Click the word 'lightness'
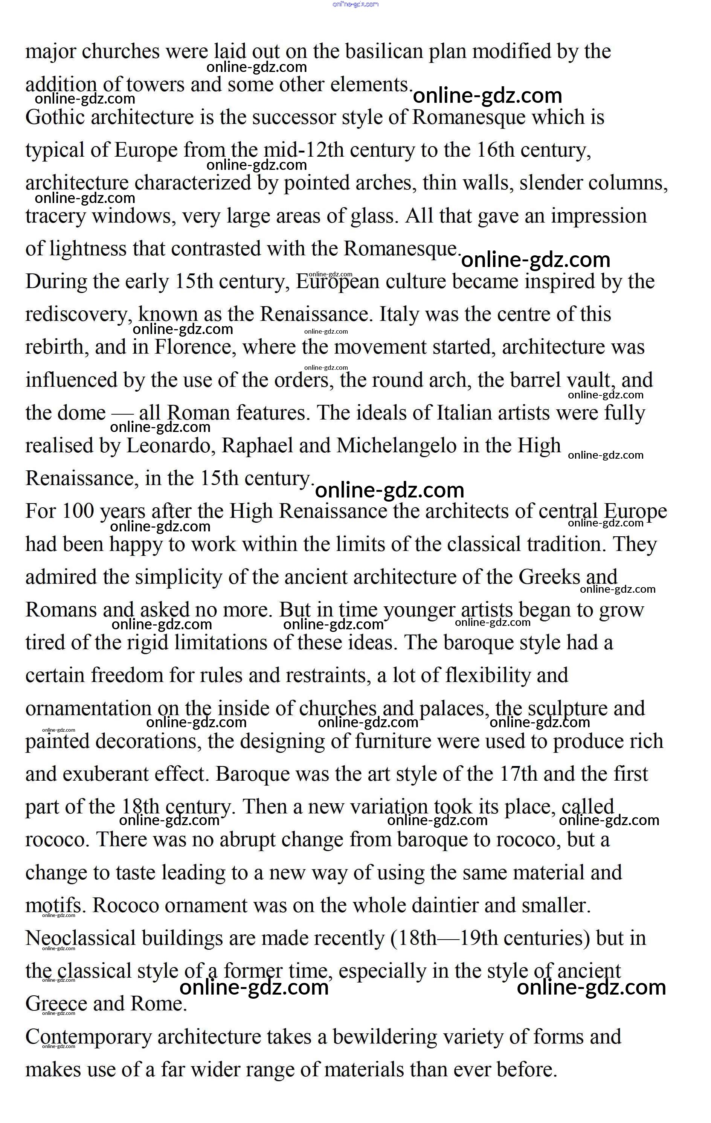[x=88, y=249]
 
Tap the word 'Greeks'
[x=549, y=577]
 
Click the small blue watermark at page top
[x=355, y=4]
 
